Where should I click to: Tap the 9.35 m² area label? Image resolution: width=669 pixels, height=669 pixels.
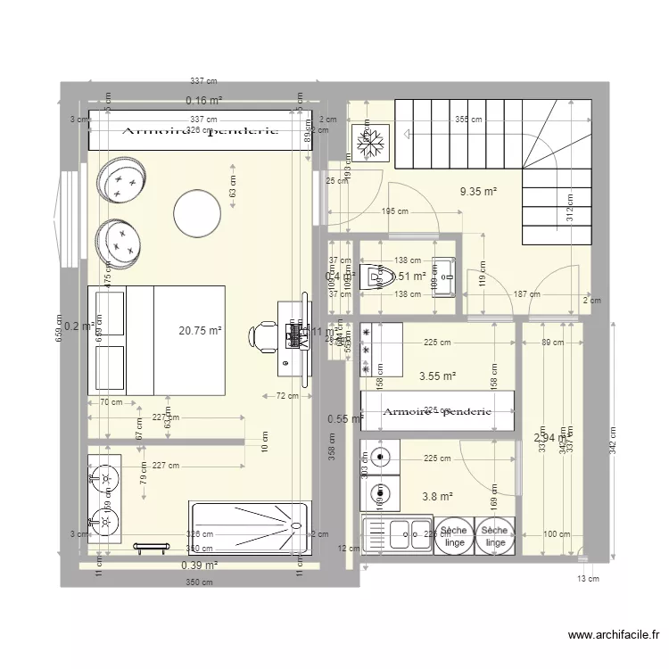pos(478,191)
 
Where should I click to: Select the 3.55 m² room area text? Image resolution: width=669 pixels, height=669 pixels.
pos(437,376)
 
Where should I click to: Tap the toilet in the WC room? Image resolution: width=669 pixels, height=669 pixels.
pos(376,275)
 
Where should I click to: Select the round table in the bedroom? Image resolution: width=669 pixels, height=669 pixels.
pos(197,212)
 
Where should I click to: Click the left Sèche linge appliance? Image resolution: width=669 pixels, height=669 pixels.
pos(454,536)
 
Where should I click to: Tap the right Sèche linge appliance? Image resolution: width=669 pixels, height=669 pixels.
pos(496,536)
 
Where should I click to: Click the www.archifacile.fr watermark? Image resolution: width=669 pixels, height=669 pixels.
pos(613,635)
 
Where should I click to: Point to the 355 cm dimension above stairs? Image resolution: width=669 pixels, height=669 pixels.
pos(468,119)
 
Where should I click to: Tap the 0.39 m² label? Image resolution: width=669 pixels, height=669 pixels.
pos(200,565)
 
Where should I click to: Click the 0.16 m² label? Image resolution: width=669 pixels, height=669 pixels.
pos(203,101)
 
